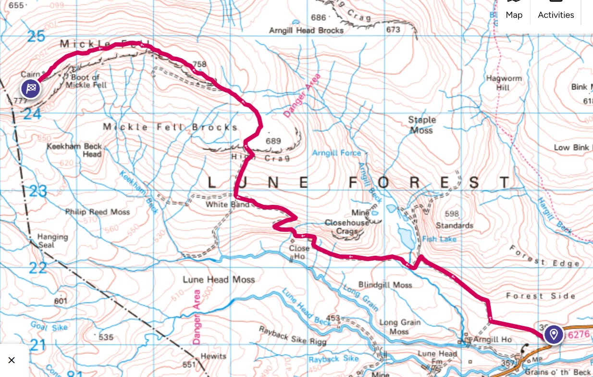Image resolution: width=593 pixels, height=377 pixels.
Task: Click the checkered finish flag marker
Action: point(31,88)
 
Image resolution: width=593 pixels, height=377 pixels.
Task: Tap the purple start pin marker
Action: point(554,334)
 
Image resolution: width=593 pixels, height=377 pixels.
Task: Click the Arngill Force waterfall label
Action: point(336,153)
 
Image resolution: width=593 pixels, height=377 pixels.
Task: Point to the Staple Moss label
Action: point(421,125)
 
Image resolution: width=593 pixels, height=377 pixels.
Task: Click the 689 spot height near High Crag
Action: point(273,141)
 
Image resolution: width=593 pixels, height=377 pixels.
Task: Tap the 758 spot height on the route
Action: point(199,64)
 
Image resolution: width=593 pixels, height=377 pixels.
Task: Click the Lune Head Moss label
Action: point(219,279)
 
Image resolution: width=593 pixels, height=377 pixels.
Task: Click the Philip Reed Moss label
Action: point(98,212)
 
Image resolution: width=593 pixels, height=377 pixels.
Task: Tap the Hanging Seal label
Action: point(53,240)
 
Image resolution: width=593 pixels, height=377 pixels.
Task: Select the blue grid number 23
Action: point(38,192)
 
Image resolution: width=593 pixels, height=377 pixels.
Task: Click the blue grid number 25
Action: point(35,36)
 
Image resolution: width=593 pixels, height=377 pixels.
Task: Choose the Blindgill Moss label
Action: point(385,285)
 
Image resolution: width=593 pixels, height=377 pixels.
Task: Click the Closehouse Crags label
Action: point(347,227)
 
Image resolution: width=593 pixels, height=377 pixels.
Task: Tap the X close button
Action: point(12,360)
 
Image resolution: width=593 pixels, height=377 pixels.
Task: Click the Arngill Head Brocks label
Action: point(307,30)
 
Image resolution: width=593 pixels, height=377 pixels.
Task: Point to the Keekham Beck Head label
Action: point(74,150)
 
